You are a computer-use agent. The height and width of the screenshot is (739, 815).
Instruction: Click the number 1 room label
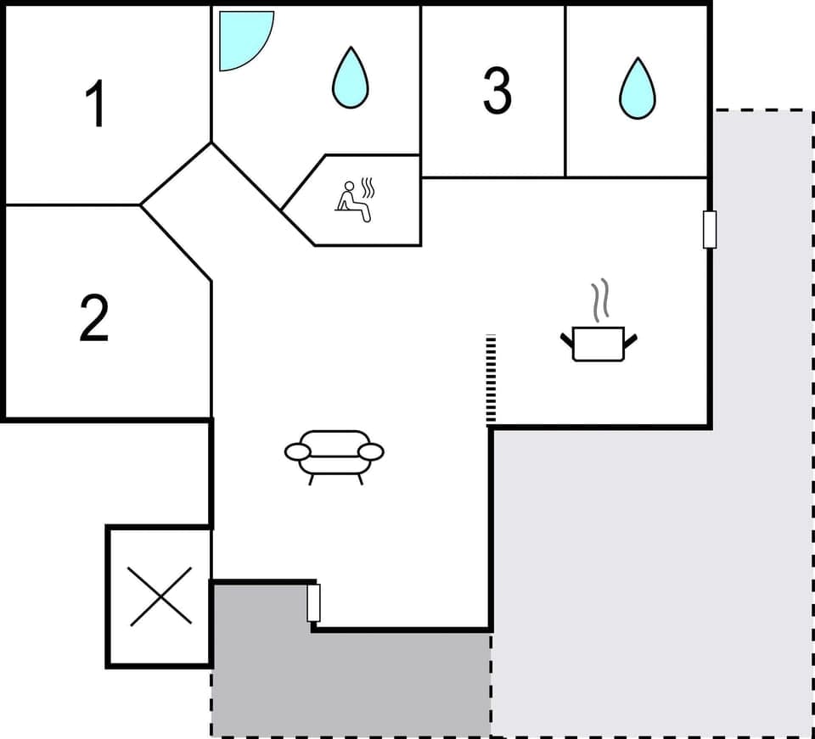[x=97, y=104]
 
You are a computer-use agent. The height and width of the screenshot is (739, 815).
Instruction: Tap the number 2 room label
[x=94, y=318]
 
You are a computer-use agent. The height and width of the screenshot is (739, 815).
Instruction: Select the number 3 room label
[x=497, y=91]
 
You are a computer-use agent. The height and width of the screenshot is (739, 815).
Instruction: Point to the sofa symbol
[x=334, y=453]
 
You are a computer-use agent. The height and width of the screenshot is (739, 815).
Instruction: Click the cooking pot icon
[x=599, y=343]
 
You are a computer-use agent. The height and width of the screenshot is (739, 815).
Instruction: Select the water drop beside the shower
[x=350, y=77]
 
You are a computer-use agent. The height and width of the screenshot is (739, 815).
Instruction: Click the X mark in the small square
[x=160, y=596]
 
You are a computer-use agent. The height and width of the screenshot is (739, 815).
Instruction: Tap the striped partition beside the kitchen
[x=491, y=379]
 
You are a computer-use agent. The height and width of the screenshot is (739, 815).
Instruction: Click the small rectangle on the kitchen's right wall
[x=710, y=229]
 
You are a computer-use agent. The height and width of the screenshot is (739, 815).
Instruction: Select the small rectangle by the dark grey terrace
[x=313, y=602]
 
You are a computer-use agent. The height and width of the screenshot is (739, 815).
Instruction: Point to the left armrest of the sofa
[x=296, y=452]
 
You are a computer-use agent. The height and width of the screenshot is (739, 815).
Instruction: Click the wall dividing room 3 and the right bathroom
[x=565, y=91]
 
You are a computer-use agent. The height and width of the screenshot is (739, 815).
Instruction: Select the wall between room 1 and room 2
[x=72, y=204]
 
